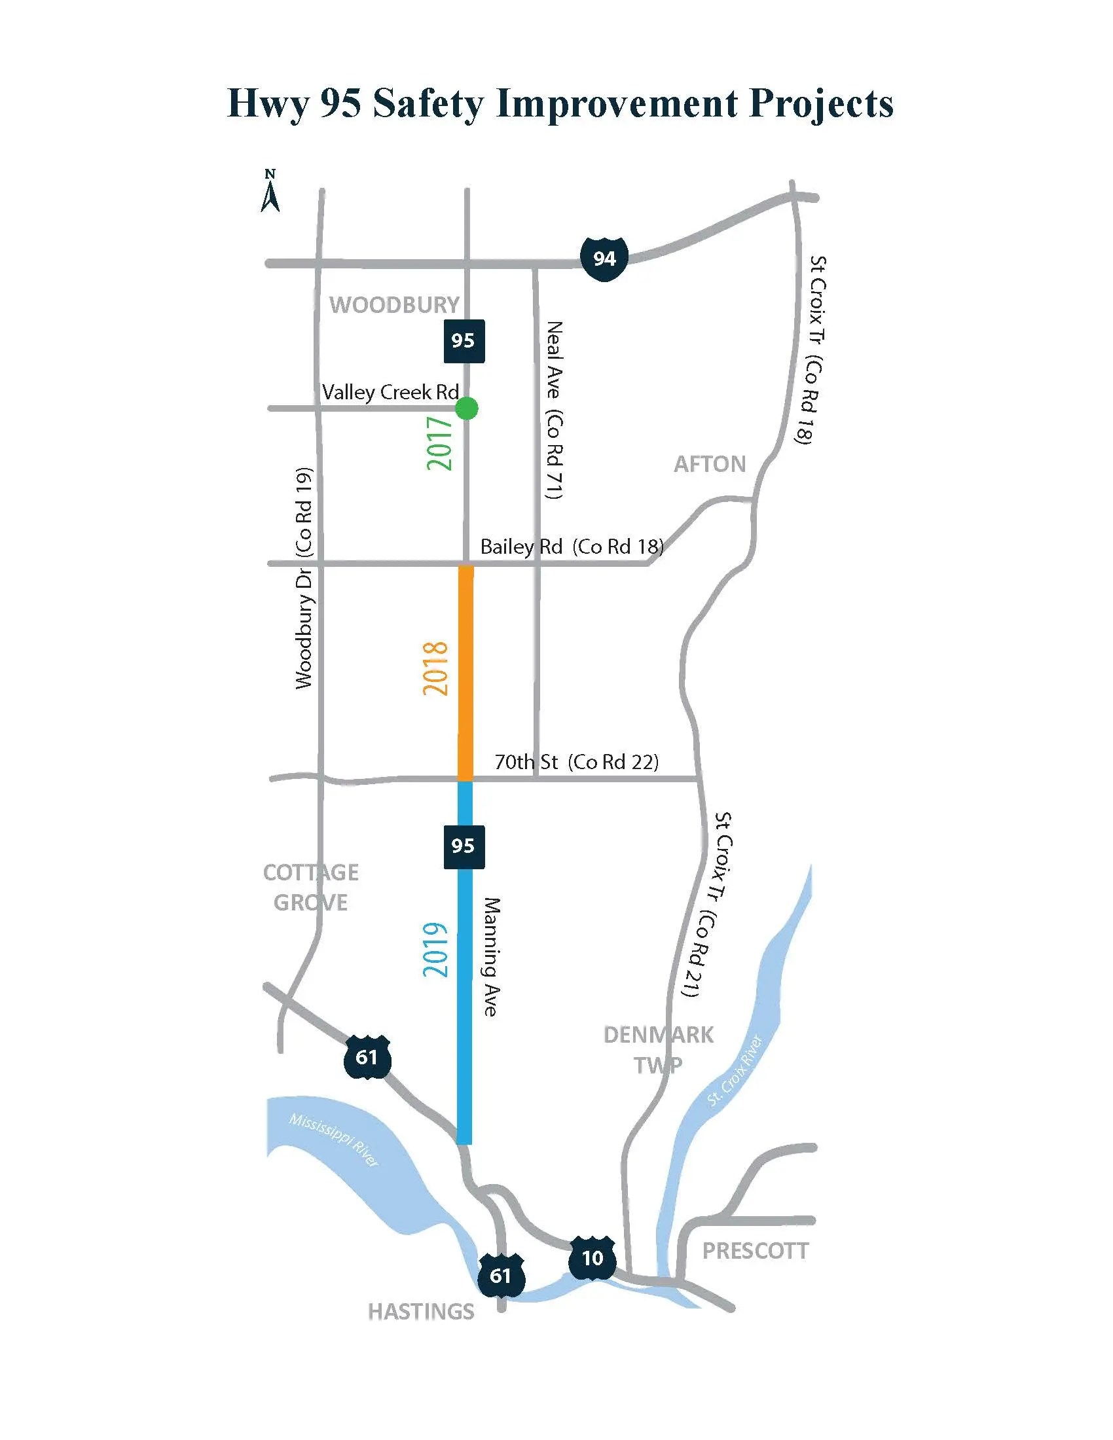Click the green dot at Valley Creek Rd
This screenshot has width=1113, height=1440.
[x=466, y=408]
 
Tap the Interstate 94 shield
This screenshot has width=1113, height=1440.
[x=604, y=259]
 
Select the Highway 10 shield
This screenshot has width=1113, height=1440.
[x=592, y=1258]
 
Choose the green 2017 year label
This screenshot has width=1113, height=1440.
[x=440, y=443]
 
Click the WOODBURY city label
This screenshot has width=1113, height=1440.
[x=394, y=304]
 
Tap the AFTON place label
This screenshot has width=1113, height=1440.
[x=710, y=464]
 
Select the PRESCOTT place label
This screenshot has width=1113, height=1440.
[x=755, y=1251]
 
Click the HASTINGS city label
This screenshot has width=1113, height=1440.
[x=421, y=1312]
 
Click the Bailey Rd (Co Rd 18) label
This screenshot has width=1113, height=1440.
[x=571, y=547]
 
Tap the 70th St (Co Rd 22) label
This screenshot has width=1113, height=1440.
[x=576, y=762]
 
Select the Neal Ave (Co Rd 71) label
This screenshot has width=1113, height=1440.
[x=555, y=410]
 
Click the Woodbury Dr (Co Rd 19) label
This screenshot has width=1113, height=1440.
[x=303, y=578]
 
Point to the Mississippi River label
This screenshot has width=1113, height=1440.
[x=334, y=1140]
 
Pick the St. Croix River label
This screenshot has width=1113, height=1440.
[x=735, y=1070]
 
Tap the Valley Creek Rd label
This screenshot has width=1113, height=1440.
[x=390, y=392]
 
